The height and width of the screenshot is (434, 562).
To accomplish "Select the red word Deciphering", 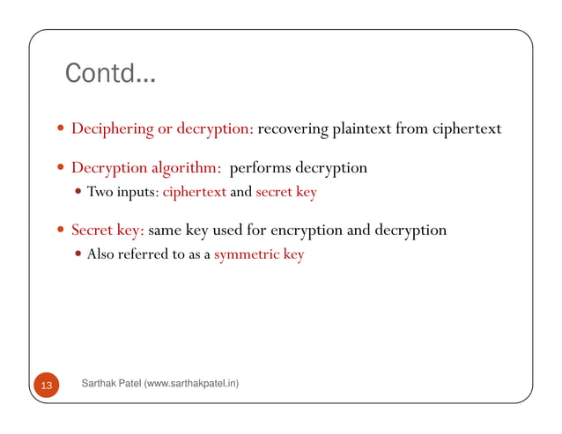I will (112, 129).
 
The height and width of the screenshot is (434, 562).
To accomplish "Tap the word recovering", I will (293, 129).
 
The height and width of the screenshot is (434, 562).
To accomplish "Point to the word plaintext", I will (362, 129).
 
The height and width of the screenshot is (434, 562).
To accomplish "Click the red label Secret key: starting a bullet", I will (107, 231).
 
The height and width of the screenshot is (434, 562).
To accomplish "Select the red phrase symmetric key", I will (259, 255).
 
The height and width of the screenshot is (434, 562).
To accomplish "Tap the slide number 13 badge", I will (46, 386).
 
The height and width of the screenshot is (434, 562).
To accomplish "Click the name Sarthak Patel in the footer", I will (109, 384).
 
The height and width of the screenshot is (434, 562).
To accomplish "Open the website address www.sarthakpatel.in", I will (194, 384).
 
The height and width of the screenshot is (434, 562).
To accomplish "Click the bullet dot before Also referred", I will (78, 255).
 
